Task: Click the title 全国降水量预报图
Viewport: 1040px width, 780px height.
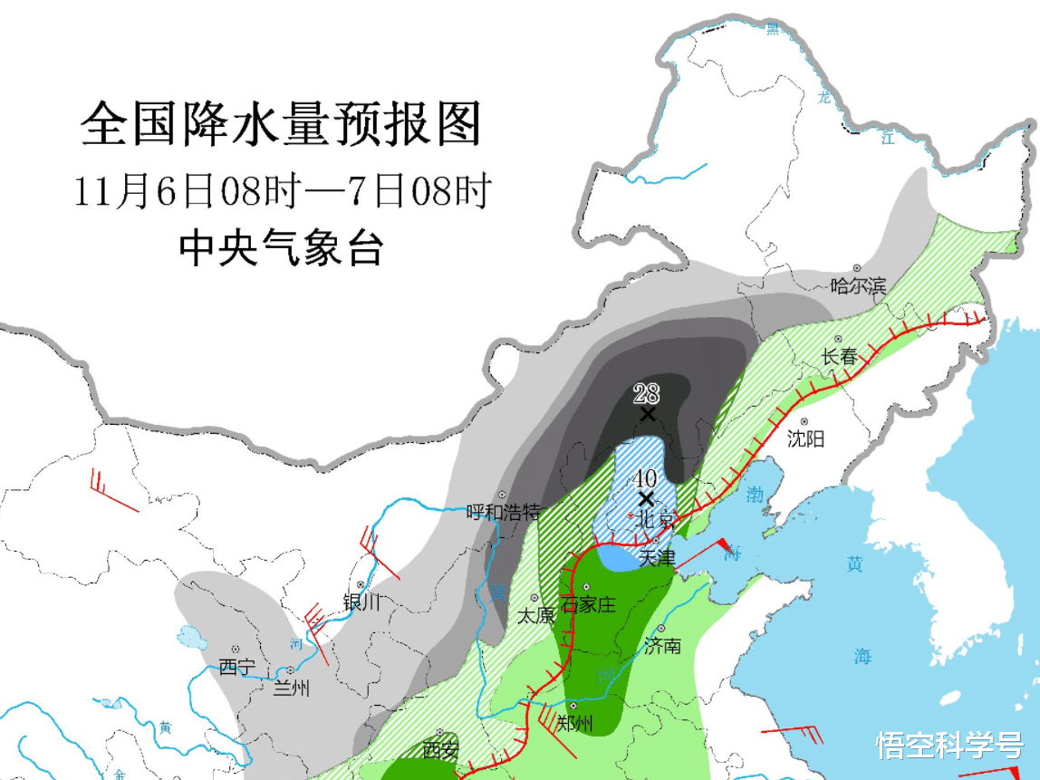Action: [281, 125]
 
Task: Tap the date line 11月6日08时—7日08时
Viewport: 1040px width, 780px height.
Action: [282, 191]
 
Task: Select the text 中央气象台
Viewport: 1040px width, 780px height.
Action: [281, 247]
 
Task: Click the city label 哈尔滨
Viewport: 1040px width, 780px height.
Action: [858, 287]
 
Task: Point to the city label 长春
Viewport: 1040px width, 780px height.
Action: [839, 357]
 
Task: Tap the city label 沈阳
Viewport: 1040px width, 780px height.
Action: [805, 439]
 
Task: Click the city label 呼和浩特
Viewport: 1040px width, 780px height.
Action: [503, 512]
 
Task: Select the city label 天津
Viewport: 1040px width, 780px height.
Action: [657, 558]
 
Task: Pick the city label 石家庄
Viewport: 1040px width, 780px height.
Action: [588, 604]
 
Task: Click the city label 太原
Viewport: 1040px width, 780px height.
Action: [534, 616]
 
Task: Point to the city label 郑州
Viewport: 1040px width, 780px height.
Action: [574, 723]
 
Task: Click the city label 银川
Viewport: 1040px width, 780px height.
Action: [361, 602]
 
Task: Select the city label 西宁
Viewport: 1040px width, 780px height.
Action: [237, 668]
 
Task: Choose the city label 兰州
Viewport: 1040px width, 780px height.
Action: [292, 689]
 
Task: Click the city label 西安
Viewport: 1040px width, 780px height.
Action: [440, 750]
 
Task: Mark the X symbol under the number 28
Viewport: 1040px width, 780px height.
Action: [647, 415]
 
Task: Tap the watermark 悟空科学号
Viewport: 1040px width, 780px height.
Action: [949, 745]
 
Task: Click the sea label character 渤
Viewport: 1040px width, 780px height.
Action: [756, 495]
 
